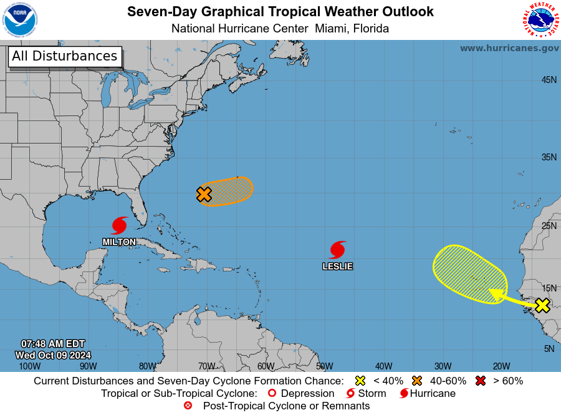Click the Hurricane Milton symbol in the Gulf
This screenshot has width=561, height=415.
pyautogui.click(x=120, y=225)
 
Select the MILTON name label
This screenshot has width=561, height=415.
pyautogui.click(x=119, y=242)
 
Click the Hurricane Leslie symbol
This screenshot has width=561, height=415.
pyautogui.click(x=338, y=250)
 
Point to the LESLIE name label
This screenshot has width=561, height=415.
pyautogui.click(x=337, y=266)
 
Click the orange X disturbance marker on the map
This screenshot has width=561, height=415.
pyautogui.click(x=204, y=194)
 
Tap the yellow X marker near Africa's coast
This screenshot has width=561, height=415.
pyautogui.click(x=542, y=305)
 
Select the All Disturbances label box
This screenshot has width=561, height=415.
pyautogui.click(x=64, y=56)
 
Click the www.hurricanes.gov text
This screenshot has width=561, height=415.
pyautogui.click(x=509, y=48)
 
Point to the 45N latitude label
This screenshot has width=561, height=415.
pyautogui.click(x=549, y=80)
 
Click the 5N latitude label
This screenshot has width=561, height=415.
pyautogui.click(x=549, y=349)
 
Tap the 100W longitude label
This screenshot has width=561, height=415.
pyautogui.click(x=29, y=366)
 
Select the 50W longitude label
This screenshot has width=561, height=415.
pyautogui.click(x=324, y=366)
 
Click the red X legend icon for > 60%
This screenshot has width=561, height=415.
pyautogui.click(x=481, y=381)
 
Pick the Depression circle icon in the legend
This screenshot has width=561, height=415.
pyautogui.click(x=271, y=394)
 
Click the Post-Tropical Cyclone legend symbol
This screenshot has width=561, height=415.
pyautogui.click(x=188, y=406)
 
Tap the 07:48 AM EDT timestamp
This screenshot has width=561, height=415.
pyautogui.click(x=53, y=344)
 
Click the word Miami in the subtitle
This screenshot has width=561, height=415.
pyautogui.click(x=331, y=29)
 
